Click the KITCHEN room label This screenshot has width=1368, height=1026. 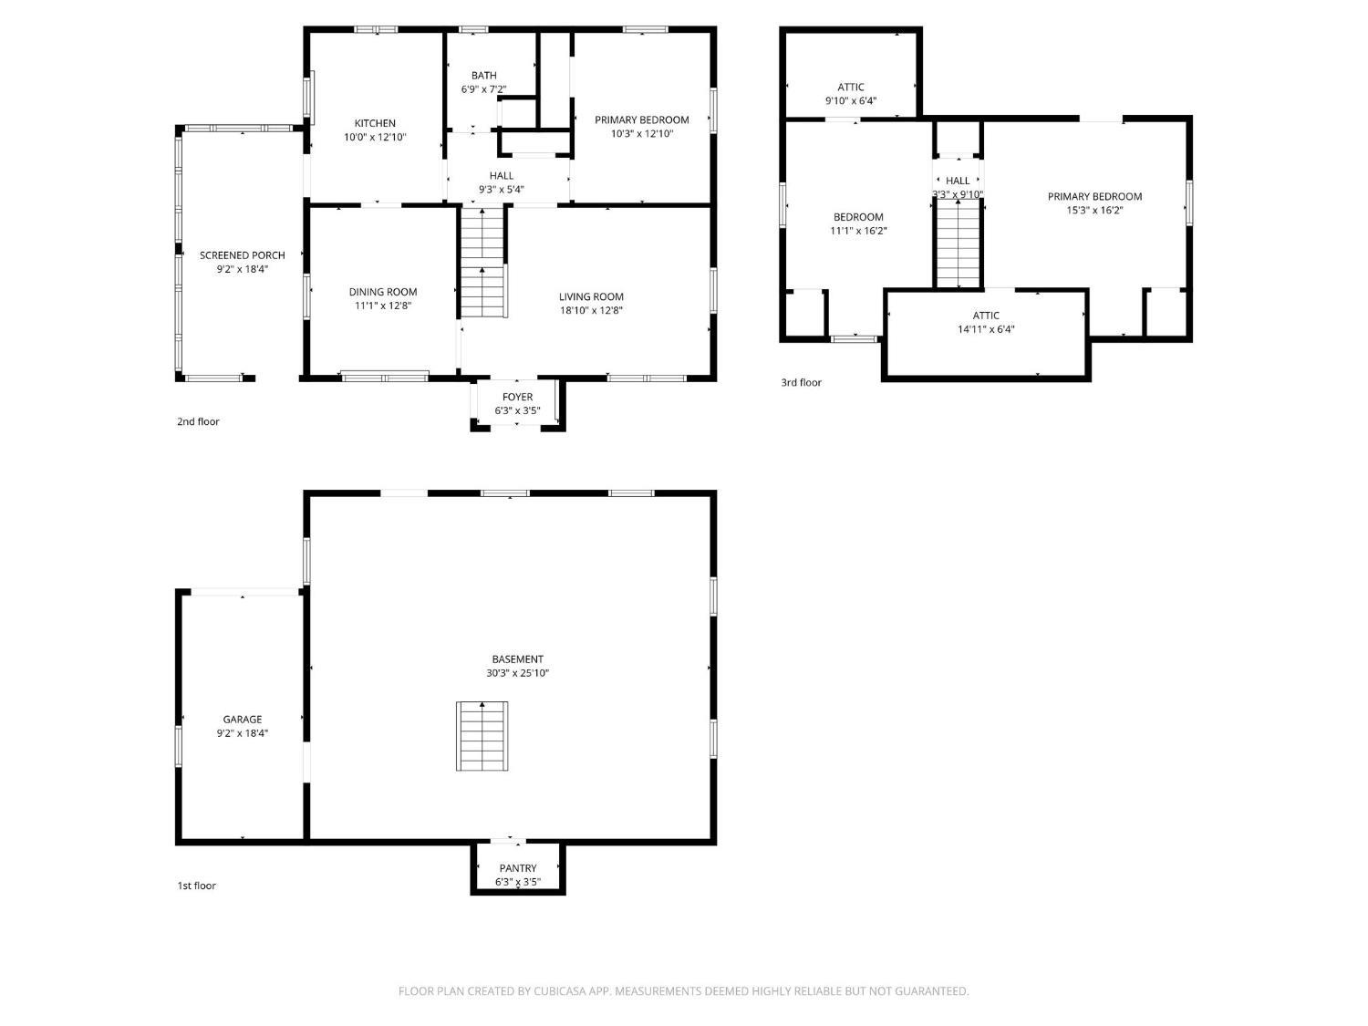[x=375, y=123]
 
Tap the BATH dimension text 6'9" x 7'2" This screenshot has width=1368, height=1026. [x=483, y=89]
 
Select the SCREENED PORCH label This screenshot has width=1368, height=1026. [x=243, y=255]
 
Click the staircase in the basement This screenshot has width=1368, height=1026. [x=482, y=736]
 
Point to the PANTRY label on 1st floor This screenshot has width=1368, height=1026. [x=518, y=868]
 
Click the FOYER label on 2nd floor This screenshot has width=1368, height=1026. [x=518, y=397]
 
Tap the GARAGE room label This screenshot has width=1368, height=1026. [x=243, y=720]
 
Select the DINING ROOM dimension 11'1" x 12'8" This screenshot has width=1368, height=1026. [x=383, y=306]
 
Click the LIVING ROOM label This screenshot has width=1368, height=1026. [x=591, y=296]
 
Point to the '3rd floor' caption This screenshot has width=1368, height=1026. [x=801, y=382]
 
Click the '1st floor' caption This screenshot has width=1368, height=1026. [x=196, y=886]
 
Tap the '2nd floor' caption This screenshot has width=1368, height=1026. [x=198, y=421]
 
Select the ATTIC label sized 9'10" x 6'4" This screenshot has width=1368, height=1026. [x=851, y=88]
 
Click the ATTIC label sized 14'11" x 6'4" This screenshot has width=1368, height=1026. [x=986, y=316]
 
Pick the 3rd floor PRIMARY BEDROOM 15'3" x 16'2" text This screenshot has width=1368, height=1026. [x=1094, y=210]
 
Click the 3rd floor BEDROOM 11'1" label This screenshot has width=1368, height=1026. [x=858, y=217]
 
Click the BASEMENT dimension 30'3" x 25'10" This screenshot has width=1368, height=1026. [x=518, y=673]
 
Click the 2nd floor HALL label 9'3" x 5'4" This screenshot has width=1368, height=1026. [x=502, y=176]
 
